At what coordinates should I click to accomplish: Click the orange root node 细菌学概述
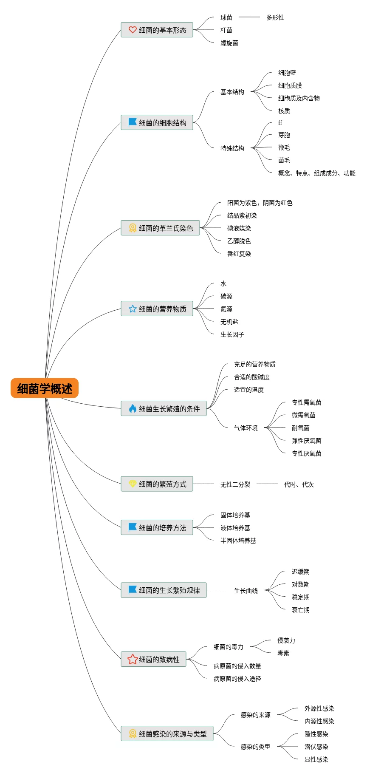point(45,388)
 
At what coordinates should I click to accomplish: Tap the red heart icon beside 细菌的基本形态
point(133,30)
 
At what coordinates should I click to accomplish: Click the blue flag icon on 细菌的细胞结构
point(133,122)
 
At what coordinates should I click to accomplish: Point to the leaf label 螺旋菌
point(229,43)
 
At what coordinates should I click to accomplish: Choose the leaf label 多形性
point(275,17)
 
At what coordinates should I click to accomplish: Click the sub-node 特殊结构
point(232,148)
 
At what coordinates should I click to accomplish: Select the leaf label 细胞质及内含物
point(299,98)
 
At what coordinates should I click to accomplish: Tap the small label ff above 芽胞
point(280,123)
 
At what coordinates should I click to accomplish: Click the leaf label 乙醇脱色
point(239,241)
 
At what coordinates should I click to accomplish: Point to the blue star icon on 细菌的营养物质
point(133,309)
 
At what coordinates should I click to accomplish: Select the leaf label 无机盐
point(229,322)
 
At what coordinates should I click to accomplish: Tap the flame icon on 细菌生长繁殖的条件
point(133,408)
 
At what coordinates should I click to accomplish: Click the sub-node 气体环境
point(246,428)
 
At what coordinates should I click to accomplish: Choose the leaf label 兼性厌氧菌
point(306,441)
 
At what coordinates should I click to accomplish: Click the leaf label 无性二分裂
point(235,484)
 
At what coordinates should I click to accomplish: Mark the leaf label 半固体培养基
point(238,541)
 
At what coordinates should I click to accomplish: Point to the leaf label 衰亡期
point(300,610)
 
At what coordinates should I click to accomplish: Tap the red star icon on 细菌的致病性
point(133,659)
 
